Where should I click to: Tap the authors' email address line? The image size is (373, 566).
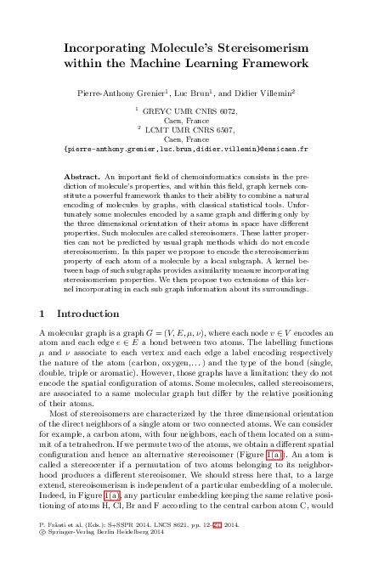pyautogui.click(x=186, y=148)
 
